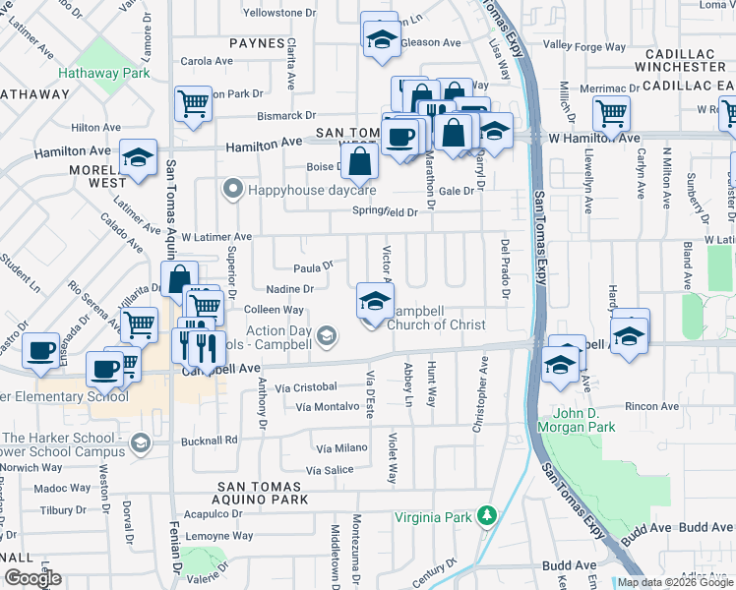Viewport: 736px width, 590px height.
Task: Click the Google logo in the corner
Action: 33,578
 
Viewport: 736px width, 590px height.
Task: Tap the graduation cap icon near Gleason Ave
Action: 379,39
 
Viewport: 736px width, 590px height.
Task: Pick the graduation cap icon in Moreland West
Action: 139,156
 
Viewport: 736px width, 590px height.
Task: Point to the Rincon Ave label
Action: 658,406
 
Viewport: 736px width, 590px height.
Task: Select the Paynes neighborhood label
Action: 259,44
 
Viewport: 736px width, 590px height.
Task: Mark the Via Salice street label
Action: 330,470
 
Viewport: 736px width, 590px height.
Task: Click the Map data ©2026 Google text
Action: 673,582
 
